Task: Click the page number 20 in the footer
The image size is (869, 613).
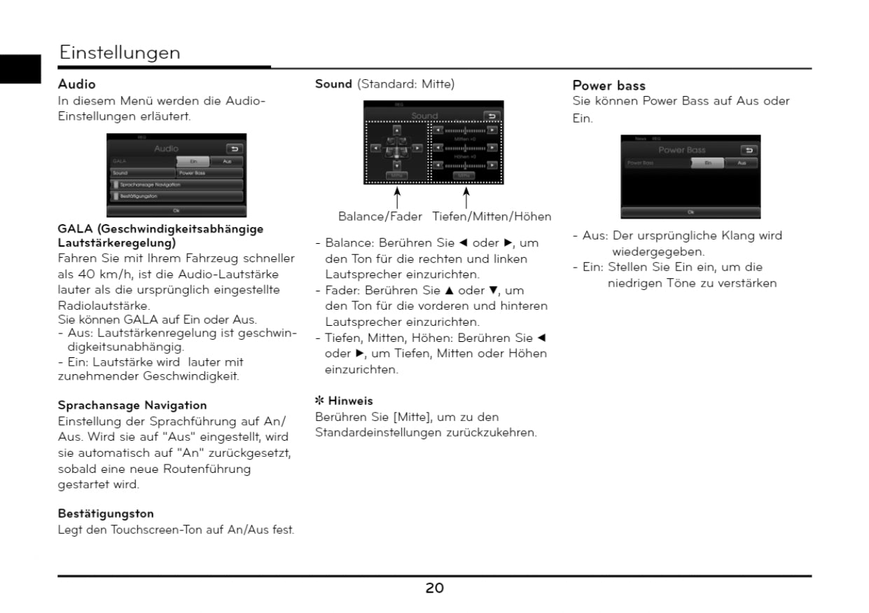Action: click(434, 588)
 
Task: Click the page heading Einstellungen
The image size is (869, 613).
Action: click(120, 53)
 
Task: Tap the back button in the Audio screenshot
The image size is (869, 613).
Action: click(235, 149)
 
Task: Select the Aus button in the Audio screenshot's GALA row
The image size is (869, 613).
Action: click(226, 161)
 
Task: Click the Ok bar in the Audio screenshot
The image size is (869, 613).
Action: click(176, 210)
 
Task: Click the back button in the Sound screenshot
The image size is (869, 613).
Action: click(492, 116)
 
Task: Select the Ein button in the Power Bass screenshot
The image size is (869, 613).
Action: click(707, 163)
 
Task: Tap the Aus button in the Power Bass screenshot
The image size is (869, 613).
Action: click(742, 163)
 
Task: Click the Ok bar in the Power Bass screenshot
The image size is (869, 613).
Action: click(690, 212)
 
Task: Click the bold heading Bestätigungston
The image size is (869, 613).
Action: click(106, 514)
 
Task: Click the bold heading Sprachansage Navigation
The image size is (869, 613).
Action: click(132, 405)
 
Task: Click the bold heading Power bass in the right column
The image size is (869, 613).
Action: click(609, 86)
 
